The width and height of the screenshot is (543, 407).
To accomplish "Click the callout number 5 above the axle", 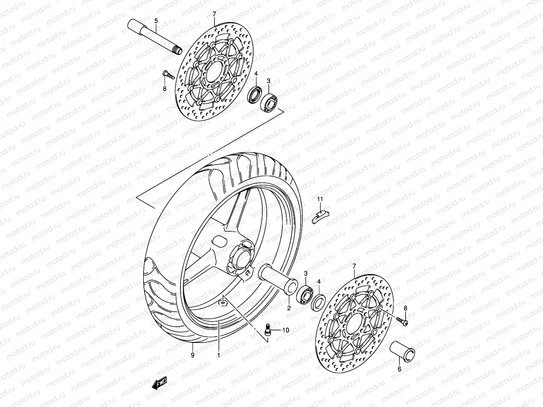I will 156,21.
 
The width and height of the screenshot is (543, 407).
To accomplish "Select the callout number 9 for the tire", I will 192,355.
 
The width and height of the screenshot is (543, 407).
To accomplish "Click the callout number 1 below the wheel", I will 219,355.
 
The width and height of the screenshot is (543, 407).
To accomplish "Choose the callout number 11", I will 320,199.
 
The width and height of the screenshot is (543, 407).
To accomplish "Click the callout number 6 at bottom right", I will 399,369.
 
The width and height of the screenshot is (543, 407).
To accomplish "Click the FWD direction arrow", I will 159,383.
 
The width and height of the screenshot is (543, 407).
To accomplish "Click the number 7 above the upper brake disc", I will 214,14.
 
